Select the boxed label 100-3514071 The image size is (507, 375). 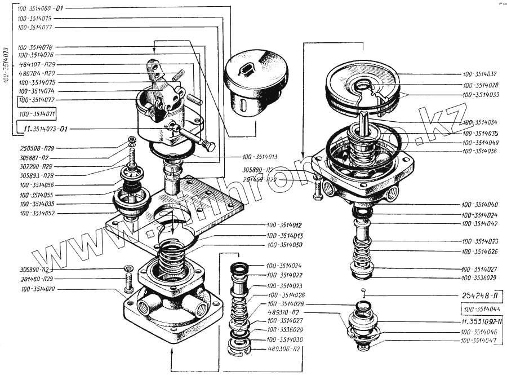[37, 114]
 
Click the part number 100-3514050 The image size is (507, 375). [285, 245]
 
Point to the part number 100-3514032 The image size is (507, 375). [480, 74]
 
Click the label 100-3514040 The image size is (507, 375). [480, 205]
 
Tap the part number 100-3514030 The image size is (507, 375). [285, 339]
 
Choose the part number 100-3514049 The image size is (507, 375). [480, 142]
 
